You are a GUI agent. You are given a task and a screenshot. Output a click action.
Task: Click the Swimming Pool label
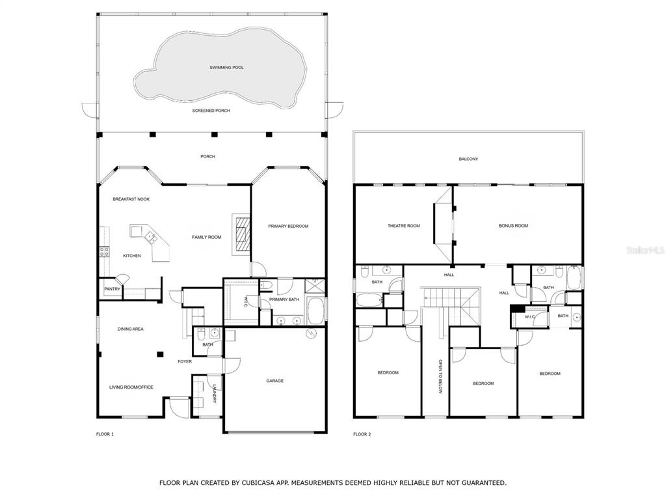(226, 68)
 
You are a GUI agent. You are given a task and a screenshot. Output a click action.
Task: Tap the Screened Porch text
(211, 111)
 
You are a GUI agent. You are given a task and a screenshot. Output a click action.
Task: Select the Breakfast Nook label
(131, 199)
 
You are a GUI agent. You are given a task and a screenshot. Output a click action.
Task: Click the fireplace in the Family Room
(242, 234)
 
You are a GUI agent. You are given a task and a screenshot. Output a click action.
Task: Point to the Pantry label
(113, 289)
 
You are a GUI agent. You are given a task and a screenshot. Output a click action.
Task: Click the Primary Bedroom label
(288, 226)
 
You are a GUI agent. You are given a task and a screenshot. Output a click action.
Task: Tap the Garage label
(275, 381)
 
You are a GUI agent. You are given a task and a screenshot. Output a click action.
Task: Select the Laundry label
(215, 394)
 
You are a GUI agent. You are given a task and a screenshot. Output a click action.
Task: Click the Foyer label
(185, 361)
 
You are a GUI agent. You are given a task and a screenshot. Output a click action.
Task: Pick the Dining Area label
(130, 329)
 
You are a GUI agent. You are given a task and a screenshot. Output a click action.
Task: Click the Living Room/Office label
(131, 387)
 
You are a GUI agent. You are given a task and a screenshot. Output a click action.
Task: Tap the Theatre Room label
(403, 226)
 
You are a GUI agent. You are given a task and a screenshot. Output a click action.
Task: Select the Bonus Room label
(514, 226)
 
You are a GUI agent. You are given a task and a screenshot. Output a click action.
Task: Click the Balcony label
(468, 159)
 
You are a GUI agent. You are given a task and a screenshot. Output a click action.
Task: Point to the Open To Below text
(440, 377)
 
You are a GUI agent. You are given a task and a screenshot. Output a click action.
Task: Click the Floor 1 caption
(105, 434)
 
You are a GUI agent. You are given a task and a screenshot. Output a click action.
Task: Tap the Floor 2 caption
(362, 434)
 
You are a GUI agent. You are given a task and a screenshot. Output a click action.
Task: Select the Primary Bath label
(284, 299)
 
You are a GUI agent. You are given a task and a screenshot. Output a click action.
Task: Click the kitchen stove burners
(104, 252)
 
